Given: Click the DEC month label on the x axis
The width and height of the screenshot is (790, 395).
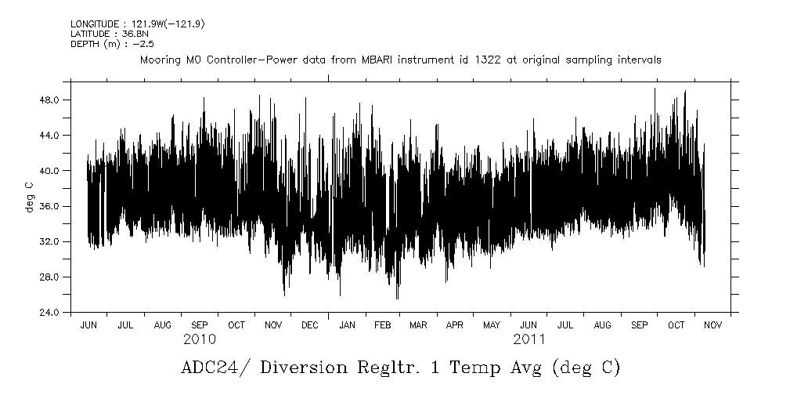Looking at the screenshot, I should pos(310,324).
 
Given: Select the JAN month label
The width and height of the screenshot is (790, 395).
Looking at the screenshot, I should pos(347,324).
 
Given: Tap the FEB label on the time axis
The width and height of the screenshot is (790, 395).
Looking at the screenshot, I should pos(382,324).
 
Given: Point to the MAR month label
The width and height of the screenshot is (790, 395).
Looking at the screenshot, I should pos(418,324).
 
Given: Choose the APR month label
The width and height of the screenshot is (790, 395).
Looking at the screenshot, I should pos(455,324).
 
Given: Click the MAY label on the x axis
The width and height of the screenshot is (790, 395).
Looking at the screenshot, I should pos(492,324).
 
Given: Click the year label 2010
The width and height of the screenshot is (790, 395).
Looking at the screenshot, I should pos(200,339).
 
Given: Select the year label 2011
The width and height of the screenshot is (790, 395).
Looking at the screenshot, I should pos(529,339).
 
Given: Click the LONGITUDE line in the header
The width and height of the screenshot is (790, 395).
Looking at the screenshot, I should pos(138,24).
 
